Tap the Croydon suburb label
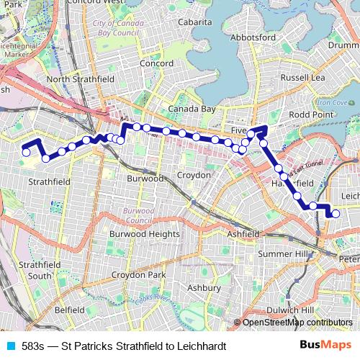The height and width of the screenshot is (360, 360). (x=193, y=175)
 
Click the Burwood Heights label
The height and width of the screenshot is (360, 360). (x=144, y=234)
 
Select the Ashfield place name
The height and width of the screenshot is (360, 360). (x=243, y=234)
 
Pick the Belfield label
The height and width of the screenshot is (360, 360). (x=69, y=310)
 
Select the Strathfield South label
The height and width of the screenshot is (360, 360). (x=35, y=270)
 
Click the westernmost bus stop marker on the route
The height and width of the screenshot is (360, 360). (x=26, y=152)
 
